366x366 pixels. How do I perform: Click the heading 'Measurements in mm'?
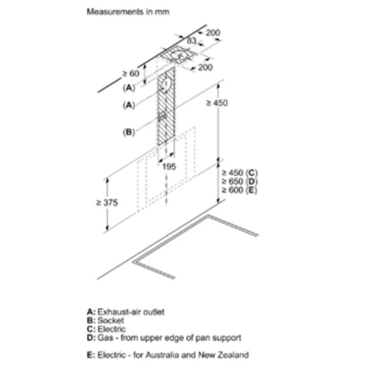[128, 12]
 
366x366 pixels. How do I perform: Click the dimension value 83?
[192, 40]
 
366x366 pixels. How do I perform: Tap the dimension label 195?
[169, 167]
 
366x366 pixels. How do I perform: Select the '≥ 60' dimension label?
[131, 74]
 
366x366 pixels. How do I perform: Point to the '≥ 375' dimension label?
[107, 203]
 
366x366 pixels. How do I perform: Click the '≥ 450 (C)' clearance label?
[240, 173]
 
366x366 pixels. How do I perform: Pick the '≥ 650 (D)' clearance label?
[240, 182]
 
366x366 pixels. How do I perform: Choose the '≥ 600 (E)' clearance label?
[240, 190]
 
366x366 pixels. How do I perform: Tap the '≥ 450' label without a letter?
[217, 102]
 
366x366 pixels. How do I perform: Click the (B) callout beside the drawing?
[129, 132]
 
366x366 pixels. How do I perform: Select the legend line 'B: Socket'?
[105, 320]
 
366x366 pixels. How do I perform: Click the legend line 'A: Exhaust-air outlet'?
[126, 312]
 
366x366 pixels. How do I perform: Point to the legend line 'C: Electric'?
[106, 329]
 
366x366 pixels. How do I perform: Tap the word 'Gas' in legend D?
[106, 338]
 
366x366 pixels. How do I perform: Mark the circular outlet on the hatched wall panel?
[166, 85]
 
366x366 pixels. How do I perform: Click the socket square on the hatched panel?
[162, 116]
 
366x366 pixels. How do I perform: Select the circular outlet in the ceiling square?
[179, 56]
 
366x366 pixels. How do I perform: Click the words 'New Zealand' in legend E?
[223, 355]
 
